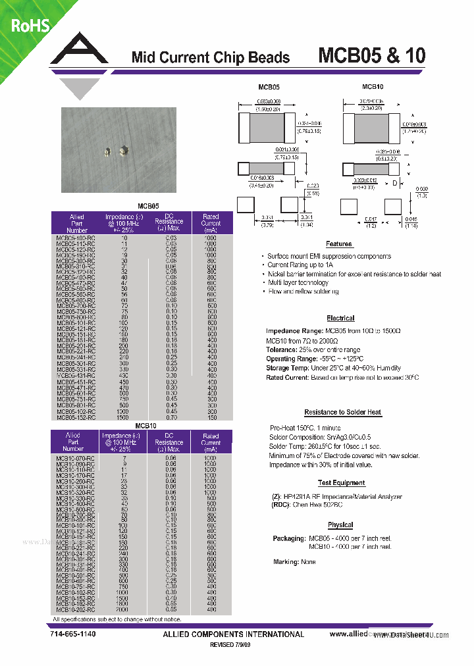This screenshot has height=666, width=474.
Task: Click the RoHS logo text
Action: [x=30, y=25]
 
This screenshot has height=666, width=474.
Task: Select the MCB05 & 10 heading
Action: [x=372, y=55]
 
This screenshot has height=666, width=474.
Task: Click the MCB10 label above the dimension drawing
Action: [x=373, y=86]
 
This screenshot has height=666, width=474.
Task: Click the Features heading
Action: [x=339, y=243]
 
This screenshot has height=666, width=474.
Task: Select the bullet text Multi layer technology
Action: [x=298, y=282]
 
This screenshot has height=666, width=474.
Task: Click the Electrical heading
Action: [x=340, y=318]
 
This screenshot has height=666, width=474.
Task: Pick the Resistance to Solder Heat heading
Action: [x=342, y=412]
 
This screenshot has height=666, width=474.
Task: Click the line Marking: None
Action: [x=294, y=562]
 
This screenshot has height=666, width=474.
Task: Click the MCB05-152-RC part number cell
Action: [x=76, y=417]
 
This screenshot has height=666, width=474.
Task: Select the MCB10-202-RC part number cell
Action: [x=76, y=610]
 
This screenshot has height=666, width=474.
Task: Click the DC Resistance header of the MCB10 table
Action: [x=169, y=442]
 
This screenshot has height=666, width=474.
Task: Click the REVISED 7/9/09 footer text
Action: [x=230, y=646]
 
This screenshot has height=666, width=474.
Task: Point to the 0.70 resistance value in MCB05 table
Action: [x=171, y=417]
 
